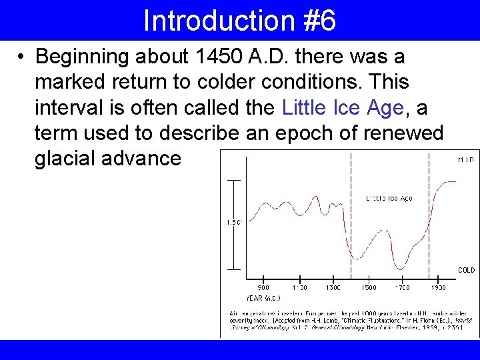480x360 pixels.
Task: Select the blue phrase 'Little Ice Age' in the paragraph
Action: pos(343,107)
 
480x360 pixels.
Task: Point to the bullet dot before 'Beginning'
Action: pos(22,57)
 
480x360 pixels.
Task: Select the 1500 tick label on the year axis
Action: pos(368,288)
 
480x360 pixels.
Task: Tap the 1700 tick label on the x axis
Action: pos(403,288)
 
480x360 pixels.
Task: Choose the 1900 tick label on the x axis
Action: pos(437,288)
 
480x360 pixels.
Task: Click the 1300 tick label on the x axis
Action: pos(333,288)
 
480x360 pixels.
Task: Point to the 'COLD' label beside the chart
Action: pos(466,270)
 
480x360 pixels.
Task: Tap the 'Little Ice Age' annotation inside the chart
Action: pos(389,198)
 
